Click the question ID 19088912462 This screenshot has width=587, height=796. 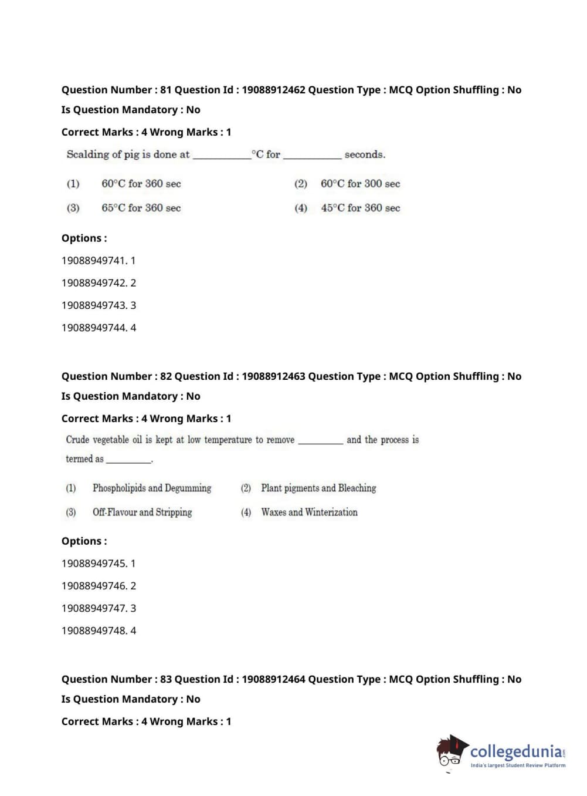pos(273,90)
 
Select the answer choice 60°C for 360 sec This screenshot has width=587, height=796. pos(141,184)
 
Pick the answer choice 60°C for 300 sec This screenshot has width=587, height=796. pos(360,184)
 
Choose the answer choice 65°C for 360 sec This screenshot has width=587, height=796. pos(141,208)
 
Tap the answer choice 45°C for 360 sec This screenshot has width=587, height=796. pos(360,208)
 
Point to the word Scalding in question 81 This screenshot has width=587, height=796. pos(87,154)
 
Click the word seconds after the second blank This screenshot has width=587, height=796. pos(365,155)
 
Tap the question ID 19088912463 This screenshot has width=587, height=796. pos(273,376)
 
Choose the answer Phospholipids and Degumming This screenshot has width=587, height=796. pos(151,488)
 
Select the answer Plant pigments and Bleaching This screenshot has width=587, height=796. pos(318,488)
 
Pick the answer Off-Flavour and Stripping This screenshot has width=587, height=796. pos(142,512)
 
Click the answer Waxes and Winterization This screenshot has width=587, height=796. pos(309,512)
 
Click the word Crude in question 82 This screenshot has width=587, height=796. pos(77,440)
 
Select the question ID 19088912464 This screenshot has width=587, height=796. pos(273,679)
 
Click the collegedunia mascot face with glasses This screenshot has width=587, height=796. pos(451,754)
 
